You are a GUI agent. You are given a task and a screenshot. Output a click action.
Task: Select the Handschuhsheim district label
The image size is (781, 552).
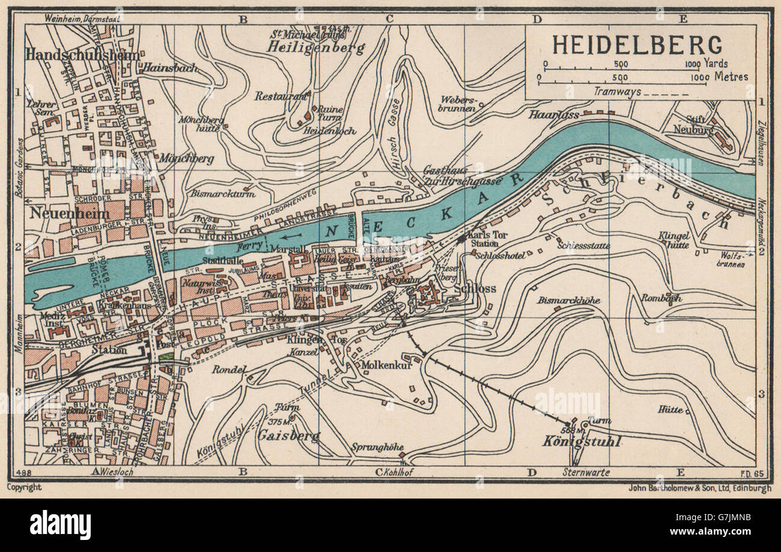point(82,54)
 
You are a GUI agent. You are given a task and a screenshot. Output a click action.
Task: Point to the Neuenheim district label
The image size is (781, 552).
point(67,214)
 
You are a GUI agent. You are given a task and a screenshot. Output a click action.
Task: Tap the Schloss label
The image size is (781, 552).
point(476,289)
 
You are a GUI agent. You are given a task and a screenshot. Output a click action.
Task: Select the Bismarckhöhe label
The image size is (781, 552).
point(569,300)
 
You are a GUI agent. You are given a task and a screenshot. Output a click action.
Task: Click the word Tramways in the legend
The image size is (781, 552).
point(617,92)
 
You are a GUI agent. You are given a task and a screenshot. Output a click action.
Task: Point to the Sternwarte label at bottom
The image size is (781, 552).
point(587,473)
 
